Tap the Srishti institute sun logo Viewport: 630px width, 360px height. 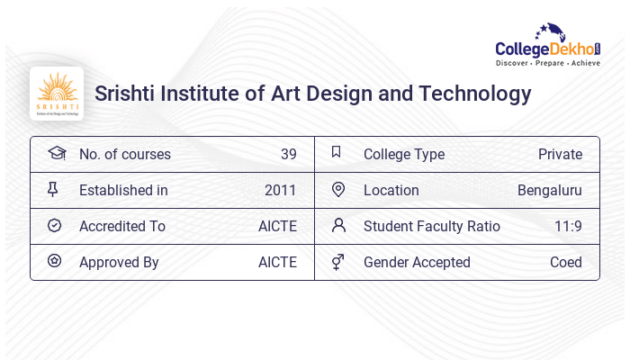click(x=57, y=94)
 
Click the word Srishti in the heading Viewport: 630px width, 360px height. click(x=125, y=94)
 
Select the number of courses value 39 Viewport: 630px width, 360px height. click(x=288, y=154)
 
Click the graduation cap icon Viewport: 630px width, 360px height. click(x=56, y=154)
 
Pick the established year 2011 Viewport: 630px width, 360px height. click(x=280, y=190)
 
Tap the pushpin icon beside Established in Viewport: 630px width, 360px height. click(x=53, y=190)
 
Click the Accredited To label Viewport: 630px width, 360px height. click(x=122, y=226)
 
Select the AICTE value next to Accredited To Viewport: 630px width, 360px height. click(x=277, y=226)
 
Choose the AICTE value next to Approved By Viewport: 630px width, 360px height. click(x=277, y=262)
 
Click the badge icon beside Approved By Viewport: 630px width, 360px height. click(x=54, y=262)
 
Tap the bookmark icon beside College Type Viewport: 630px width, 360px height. click(x=336, y=153)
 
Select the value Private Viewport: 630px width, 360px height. click(x=560, y=154)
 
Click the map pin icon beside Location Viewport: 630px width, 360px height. click(x=338, y=190)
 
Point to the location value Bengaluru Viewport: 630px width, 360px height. click(x=549, y=190)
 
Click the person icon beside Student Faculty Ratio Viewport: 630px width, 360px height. click(x=338, y=226)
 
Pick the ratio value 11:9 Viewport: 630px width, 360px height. click(x=568, y=226)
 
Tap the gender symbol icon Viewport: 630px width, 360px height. click(x=338, y=262)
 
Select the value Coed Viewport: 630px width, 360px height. click(x=565, y=262)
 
